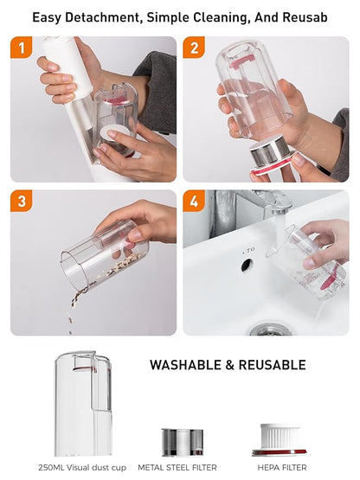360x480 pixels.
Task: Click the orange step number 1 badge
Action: tap(22, 48)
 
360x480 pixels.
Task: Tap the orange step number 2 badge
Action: tap(194, 48)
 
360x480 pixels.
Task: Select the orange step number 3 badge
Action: tap(22, 202)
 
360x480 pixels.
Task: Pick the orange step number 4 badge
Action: tap(194, 202)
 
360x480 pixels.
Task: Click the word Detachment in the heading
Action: tap(102, 17)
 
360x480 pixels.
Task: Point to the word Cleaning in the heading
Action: tap(222, 17)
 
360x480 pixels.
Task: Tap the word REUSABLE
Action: tap(272, 365)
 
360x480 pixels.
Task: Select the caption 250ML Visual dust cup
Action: tap(82, 467)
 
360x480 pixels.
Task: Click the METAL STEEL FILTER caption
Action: tap(177, 467)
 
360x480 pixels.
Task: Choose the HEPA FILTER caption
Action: tap(282, 467)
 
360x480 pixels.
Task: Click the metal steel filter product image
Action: tap(183, 442)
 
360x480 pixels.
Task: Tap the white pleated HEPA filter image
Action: tap(280, 436)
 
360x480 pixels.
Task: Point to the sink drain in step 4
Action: tap(270, 330)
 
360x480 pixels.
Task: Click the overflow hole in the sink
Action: tap(247, 265)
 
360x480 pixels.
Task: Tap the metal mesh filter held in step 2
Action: tap(269, 150)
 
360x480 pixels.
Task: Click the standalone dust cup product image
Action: tap(83, 403)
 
